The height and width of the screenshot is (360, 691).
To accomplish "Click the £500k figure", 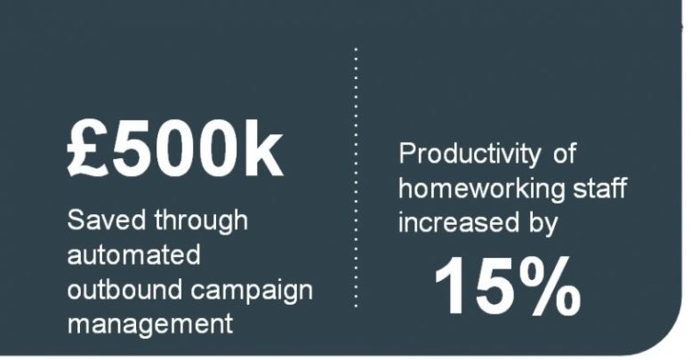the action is (174, 149).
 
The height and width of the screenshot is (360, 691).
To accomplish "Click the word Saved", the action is (106, 220).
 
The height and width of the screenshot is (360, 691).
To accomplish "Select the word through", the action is (201, 221).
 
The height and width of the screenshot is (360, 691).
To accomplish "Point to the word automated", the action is (134, 255).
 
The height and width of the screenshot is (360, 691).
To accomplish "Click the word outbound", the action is (125, 290).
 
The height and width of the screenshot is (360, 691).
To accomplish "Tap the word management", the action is (149, 325).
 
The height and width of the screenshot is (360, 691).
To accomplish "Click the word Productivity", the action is (470, 155).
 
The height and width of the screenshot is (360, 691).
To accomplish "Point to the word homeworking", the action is (481, 189).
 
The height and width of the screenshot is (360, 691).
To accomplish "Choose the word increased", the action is (459, 222).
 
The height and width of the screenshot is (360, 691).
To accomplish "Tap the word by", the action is (542, 224).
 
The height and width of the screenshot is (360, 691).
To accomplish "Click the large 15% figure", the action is (507, 286).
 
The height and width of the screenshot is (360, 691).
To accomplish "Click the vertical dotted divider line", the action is (356, 178).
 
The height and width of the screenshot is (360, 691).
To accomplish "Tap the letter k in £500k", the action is (263, 149).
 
